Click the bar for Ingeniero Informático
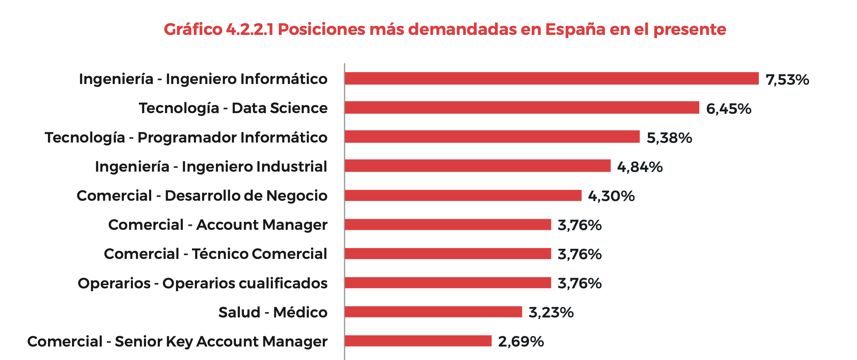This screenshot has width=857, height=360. point(552,79)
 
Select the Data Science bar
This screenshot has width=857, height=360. point(522,108)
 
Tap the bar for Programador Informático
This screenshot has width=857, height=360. point(492,137)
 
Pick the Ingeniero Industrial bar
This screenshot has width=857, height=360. point(478,166)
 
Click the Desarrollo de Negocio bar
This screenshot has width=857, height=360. point(463,195)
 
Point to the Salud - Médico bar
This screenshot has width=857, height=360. point(433,312)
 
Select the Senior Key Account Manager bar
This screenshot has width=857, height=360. point(418,341)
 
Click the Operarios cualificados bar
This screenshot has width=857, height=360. point(448,283)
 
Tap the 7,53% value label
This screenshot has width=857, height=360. point(787,80)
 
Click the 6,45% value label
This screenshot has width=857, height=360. point(728,109)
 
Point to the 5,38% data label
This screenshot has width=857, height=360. point(669,138)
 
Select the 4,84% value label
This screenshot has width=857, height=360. point(640,167)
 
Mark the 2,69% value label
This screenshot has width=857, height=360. point(521,341)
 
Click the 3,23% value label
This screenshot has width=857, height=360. point(551,312)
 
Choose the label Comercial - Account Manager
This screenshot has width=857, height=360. point(218,225)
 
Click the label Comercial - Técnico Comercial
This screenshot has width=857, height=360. point(216,254)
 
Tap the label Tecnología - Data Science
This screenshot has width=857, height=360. point(233,108)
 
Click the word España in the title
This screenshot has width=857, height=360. point(575,29)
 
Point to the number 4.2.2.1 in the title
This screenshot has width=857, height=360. point(250,29)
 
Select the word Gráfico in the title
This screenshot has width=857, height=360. point(193,29)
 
